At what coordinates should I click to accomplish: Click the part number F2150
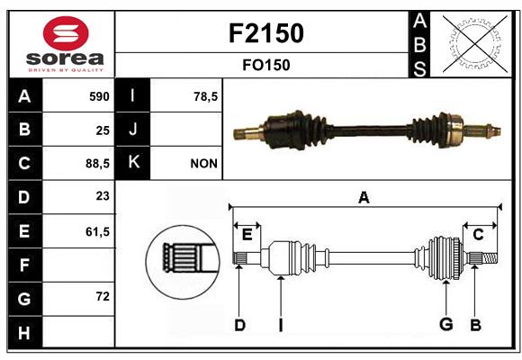tap(266, 33)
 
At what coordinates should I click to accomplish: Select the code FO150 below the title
tap(266, 65)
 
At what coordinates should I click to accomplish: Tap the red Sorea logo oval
tap(66, 33)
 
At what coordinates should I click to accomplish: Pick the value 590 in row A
tap(99, 96)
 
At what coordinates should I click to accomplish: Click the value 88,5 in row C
tap(97, 164)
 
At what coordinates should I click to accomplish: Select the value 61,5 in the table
tap(97, 231)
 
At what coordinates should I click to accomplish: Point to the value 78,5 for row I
tap(205, 96)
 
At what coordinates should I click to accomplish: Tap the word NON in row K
tap(203, 164)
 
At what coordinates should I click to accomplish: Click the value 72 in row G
tap(103, 296)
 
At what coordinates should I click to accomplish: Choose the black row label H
tap(25, 332)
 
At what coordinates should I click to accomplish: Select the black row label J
tap(132, 130)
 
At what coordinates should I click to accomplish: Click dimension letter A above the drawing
tap(364, 197)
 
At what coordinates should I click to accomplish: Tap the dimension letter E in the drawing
tap(247, 235)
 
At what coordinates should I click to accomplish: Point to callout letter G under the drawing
tap(446, 324)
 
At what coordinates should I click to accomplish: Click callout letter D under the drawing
tap(240, 325)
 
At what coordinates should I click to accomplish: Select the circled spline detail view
tap(183, 262)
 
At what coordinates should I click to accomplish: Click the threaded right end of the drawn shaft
tap(490, 258)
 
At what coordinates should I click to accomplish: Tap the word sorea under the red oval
tap(65, 58)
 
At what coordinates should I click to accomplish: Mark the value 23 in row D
tap(103, 196)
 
